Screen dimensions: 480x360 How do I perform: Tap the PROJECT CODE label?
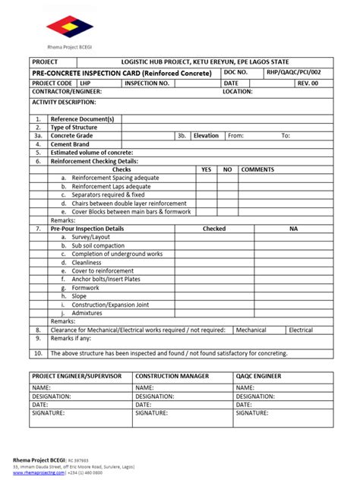point(52,82)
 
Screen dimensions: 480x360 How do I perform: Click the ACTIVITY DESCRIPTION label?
point(64,101)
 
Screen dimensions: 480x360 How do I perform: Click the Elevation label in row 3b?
point(206,136)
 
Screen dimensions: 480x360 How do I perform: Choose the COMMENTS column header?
point(257,169)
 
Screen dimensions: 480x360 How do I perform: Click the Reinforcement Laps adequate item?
point(111,186)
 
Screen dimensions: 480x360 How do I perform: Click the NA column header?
point(293,228)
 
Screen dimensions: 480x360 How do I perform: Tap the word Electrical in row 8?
point(301,330)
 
